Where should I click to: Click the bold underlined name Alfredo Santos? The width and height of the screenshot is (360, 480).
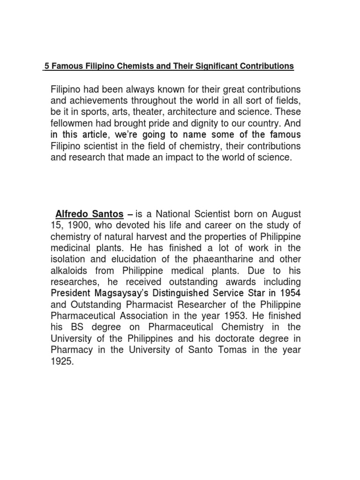[90, 214]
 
